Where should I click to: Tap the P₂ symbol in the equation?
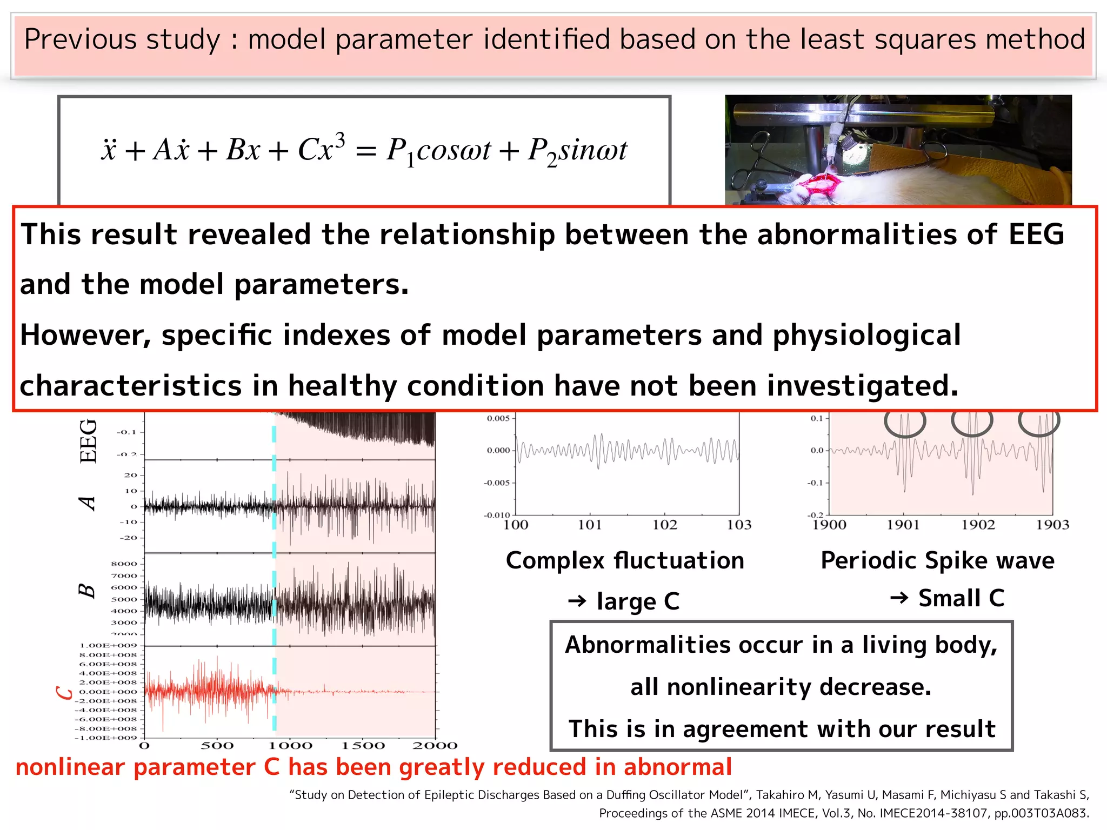click(542, 151)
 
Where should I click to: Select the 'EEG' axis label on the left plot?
click(88, 440)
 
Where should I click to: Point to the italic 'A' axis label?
click(88, 503)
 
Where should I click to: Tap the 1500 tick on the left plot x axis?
click(363, 746)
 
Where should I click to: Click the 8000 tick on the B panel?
click(124, 564)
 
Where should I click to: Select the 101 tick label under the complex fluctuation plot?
click(590, 525)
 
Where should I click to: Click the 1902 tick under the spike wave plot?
click(978, 525)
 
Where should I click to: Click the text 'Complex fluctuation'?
click(625, 560)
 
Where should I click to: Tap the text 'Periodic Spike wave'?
click(937, 560)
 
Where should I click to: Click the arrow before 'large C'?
click(577, 601)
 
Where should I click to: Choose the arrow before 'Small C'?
click(899, 598)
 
